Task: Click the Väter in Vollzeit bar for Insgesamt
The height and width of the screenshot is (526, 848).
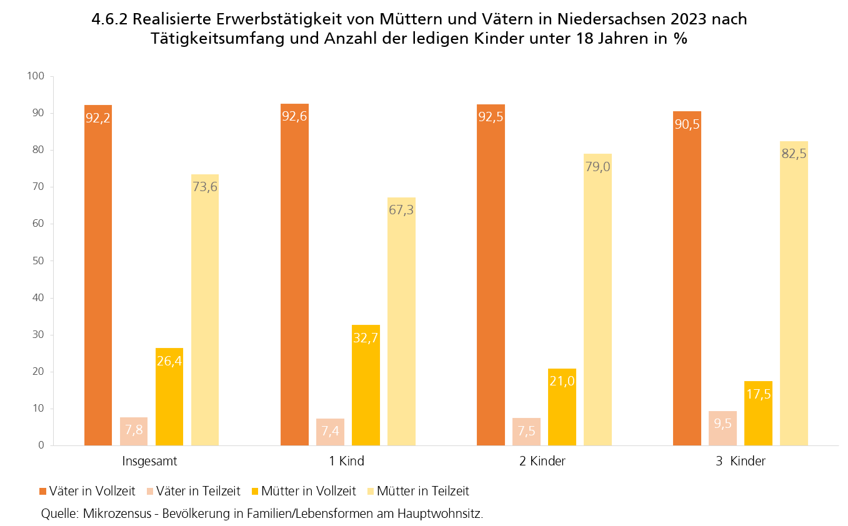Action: pyautogui.click(x=98, y=275)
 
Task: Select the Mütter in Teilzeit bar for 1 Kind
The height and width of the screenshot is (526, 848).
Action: pyautogui.click(x=401, y=321)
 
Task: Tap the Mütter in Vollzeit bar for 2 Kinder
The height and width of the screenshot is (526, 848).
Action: pyautogui.click(x=562, y=407)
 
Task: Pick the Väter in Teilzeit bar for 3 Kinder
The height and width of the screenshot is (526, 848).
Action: pyautogui.click(x=722, y=428)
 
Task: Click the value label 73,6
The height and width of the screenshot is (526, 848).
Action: pyautogui.click(x=205, y=187)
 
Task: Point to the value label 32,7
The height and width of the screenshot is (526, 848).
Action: pyautogui.click(x=366, y=338)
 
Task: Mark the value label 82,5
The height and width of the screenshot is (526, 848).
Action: pyautogui.click(x=794, y=154)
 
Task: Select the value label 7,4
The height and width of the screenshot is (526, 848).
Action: pyautogui.click(x=330, y=431)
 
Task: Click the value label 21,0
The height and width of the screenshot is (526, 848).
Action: pyautogui.click(x=562, y=381)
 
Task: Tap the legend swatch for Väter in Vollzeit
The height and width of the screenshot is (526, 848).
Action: pyautogui.click(x=44, y=492)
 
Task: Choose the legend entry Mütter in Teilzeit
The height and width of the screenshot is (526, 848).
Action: pyautogui.click(x=422, y=491)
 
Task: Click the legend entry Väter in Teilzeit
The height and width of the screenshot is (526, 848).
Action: pyautogui.click(x=199, y=491)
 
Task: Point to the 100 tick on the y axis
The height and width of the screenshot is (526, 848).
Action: pyautogui.click(x=36, y=76)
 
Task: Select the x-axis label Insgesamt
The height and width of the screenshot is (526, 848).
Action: pyautogui.click(x=150, y=462)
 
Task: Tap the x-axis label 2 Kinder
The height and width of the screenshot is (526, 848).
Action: pyautogui.click(x=542, y=462)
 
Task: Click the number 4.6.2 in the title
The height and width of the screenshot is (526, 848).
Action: pyautogui.click(x=109, y=19)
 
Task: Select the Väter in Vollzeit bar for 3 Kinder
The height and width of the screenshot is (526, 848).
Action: pyautogui.click(x=687, y=278)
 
